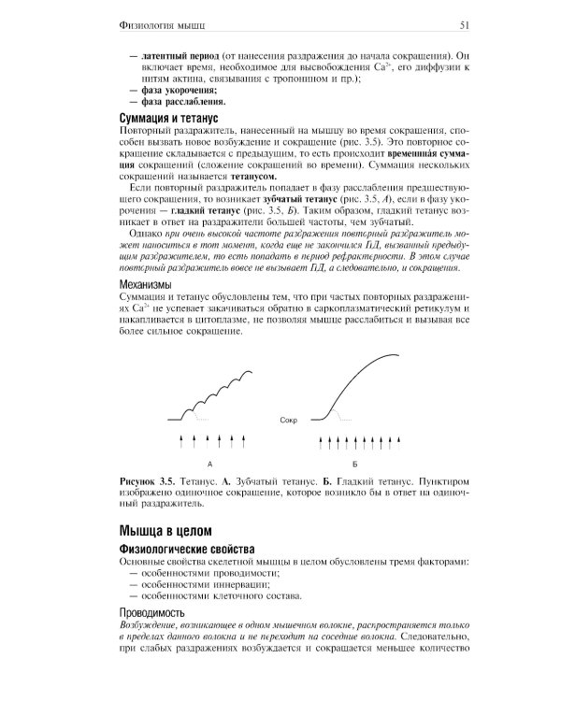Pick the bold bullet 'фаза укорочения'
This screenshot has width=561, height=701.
178,90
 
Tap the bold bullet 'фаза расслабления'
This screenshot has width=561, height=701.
182,102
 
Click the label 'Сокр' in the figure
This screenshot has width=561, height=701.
289,421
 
